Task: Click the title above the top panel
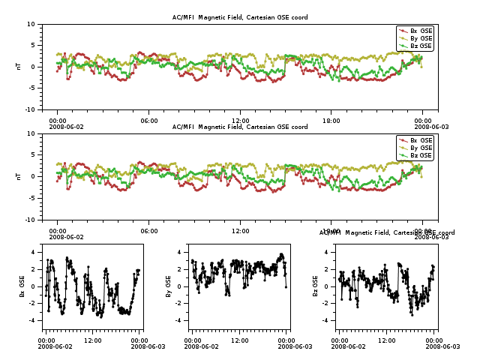pos(240,17)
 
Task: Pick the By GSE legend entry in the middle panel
pos(421,148)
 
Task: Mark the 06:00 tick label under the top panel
pos(149,121)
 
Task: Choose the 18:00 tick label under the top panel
pos(331,121)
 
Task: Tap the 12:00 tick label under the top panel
pos(240,121)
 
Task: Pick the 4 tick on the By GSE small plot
pos(181,252)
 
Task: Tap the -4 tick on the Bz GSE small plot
pos(326,320)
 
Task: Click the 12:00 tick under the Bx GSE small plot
pos(93,340)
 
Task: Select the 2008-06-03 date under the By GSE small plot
pos(294,346)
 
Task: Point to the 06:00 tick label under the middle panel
pos(149,231)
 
